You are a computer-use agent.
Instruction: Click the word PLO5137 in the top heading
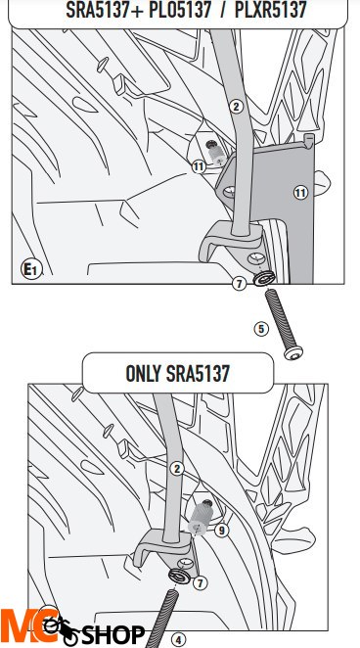(x=180, y=10)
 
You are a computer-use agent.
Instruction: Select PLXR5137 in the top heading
(x=270, y=10)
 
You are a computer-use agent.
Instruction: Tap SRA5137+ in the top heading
(x=105, y=10)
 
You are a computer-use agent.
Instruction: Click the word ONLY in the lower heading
(x=143, y=373)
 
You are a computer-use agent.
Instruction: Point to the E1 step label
(x=31, y=270)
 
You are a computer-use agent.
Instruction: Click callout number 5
(x=261, y=329)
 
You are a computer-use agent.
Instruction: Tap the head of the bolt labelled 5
(x=293, y=353)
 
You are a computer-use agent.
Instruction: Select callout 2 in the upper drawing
(x=236, y=107)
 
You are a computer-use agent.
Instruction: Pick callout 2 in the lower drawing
(x=177, y=469)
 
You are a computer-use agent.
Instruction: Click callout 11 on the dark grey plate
(x=300, y=193)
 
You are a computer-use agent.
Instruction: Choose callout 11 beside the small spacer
(x=199, y=167)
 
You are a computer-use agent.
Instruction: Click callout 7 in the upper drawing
(x=239, y=284)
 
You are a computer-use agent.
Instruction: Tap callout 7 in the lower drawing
(x=201, y=583)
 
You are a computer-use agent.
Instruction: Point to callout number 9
(x=222, y=531)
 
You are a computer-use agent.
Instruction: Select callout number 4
(x=178, y=640)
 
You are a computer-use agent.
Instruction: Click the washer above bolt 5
(x=264, y=278)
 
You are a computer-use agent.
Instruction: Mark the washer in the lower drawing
(x=179, y=576)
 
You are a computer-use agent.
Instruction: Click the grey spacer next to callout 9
(x=201, y=516)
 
